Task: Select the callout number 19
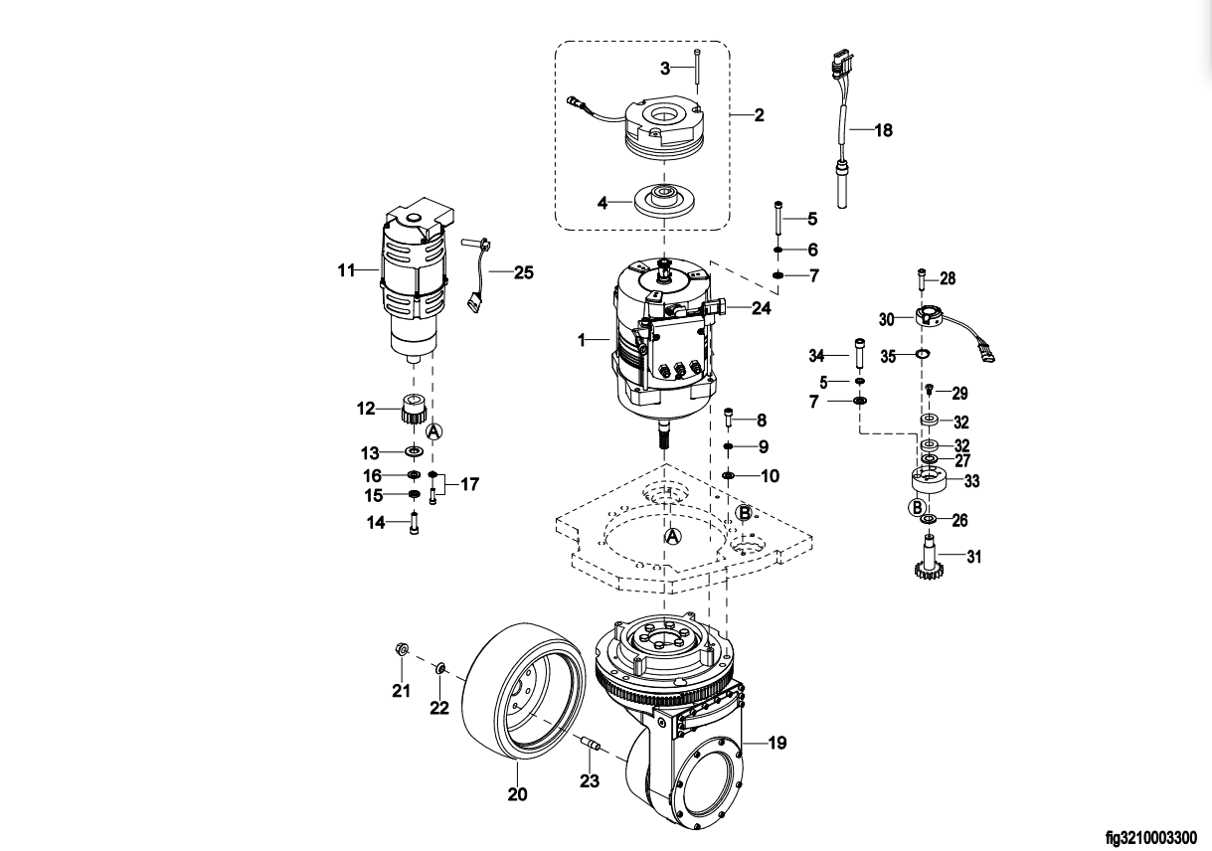[778, 742]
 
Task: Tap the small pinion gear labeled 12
[414, 409]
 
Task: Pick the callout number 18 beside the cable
[884, 130]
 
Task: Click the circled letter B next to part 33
[916, 508]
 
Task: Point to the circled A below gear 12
[433, 431]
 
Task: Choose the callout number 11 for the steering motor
[345, 268]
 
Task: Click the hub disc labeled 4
[659, 198]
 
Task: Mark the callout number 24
[761, 308]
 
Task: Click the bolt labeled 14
[414, 523]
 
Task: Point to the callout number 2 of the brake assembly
[759, 115]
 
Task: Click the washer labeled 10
[729, 476]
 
